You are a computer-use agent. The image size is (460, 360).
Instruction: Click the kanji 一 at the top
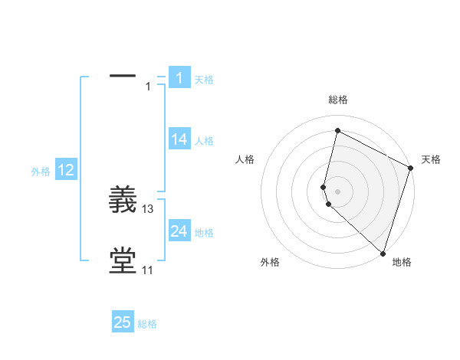coord(123,77)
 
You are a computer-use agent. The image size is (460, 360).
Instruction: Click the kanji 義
coord(123,201)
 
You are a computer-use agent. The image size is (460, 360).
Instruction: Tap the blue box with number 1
coord(179,77)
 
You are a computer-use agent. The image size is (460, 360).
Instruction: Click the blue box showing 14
coord(179,139)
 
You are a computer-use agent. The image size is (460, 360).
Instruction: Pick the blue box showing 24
coord(179,231)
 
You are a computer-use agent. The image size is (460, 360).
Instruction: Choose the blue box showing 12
coord(66,171)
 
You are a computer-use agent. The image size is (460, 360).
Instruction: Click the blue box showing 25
coord(123,323)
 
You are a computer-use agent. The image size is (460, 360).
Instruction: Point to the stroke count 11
coord(148,270)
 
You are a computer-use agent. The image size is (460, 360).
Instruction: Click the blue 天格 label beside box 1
coord(204,80)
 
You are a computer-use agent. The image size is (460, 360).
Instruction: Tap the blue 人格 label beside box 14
coord(204,141)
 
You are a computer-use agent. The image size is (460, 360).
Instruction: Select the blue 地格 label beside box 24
coord(204,233)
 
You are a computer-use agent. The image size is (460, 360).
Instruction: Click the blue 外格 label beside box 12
coord(41,172)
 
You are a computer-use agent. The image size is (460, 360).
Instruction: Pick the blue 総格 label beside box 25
coord(147,325)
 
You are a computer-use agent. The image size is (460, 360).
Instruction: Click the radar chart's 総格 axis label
coord(338,100)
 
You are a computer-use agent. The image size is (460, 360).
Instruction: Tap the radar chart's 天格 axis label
coord(431,159)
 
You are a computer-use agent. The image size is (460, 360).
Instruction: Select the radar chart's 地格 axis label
coord(402,262)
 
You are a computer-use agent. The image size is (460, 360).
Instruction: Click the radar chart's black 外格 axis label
coord(270,262)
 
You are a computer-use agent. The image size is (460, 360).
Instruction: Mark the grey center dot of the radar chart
coord(337,191)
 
